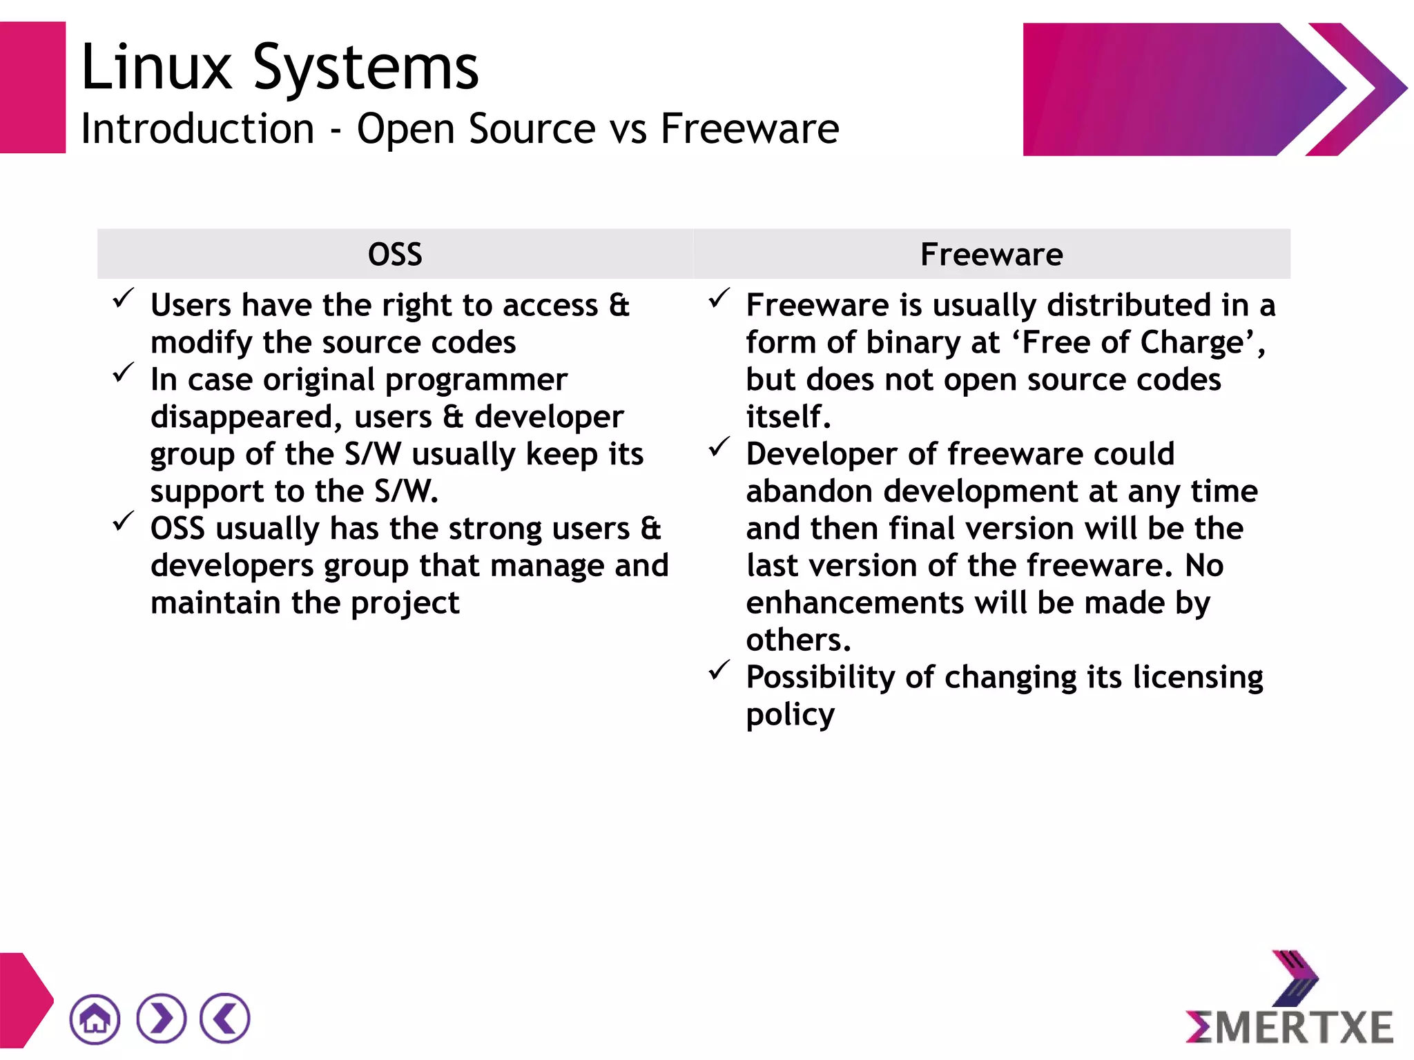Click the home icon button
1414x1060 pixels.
pos(95,1019)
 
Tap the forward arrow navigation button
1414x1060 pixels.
pos(161,1019)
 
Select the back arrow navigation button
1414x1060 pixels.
pos(225,1019)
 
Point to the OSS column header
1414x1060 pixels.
pos(395,255)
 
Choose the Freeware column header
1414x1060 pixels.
pos(991,255)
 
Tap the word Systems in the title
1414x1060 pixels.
pos(366,69)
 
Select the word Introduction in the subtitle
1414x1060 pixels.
pos(197,129)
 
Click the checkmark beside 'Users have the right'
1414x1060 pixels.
pos(124,298)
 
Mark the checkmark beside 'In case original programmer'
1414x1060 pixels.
pos(124,373)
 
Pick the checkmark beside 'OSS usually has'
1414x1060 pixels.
pos(124,522)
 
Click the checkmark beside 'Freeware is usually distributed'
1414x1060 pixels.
pos(719,298)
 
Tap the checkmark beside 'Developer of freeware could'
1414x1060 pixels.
pos(719,447)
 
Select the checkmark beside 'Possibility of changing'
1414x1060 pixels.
pos(719,670)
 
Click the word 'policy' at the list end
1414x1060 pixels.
pos(790,716)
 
